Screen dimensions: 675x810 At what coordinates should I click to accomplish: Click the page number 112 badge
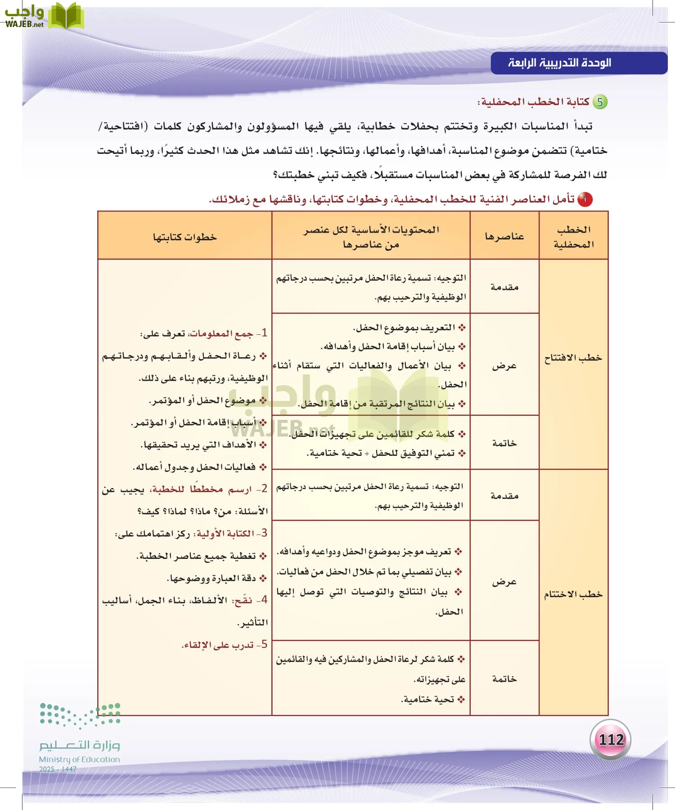610,739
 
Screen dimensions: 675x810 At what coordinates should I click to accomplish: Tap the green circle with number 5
600,102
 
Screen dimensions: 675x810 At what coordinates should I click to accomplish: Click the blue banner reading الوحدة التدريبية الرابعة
578,63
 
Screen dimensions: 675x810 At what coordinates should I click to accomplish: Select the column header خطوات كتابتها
184,237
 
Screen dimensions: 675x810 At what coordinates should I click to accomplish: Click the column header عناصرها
504,236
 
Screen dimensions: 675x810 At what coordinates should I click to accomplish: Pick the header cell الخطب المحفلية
573,237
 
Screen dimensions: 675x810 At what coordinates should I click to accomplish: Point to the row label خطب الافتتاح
573,358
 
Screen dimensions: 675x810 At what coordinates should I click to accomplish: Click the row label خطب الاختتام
573,594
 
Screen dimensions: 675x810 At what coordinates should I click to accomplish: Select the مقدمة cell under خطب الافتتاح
504,287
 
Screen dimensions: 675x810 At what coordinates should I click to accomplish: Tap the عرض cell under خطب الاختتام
504,582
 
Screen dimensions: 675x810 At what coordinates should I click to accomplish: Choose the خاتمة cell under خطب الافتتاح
504,443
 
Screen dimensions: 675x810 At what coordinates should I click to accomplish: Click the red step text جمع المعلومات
221,333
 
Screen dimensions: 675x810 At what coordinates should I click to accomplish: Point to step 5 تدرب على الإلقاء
224,645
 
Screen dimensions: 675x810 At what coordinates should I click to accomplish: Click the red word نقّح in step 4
243,600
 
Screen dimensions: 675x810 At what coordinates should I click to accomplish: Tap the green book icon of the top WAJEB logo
66,17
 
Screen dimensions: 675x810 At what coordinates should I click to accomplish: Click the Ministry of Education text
79,759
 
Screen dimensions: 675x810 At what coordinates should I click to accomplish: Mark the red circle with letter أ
585,199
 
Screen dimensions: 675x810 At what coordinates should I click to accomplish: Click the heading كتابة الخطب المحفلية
535,102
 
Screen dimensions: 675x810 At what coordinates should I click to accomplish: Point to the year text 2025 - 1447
58,769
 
